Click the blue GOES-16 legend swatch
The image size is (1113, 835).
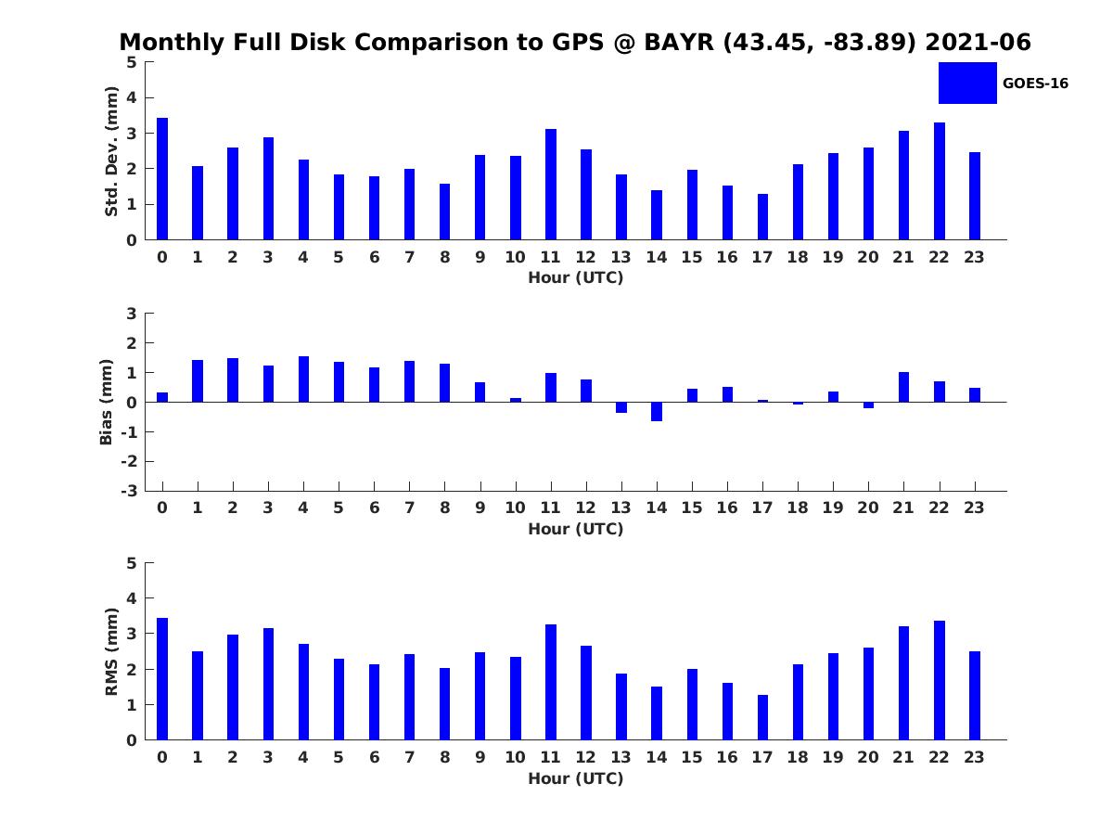967,83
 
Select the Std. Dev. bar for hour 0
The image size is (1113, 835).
162,179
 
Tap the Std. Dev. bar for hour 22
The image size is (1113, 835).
940,181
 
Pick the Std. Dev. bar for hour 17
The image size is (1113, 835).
762,217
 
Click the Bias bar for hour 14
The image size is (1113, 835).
657,411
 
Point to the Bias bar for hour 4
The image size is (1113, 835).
303,379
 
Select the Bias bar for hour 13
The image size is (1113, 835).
621,407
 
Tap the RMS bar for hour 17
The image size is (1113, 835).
762,717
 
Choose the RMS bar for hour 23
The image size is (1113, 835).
975,696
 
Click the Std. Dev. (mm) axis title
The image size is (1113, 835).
111,151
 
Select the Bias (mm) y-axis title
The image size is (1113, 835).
107,402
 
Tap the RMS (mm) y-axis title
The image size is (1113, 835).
111,651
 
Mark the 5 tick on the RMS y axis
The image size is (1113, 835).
132,563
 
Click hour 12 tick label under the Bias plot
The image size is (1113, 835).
586,507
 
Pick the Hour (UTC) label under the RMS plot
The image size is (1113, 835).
575,778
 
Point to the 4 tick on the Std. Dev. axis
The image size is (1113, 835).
132,97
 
